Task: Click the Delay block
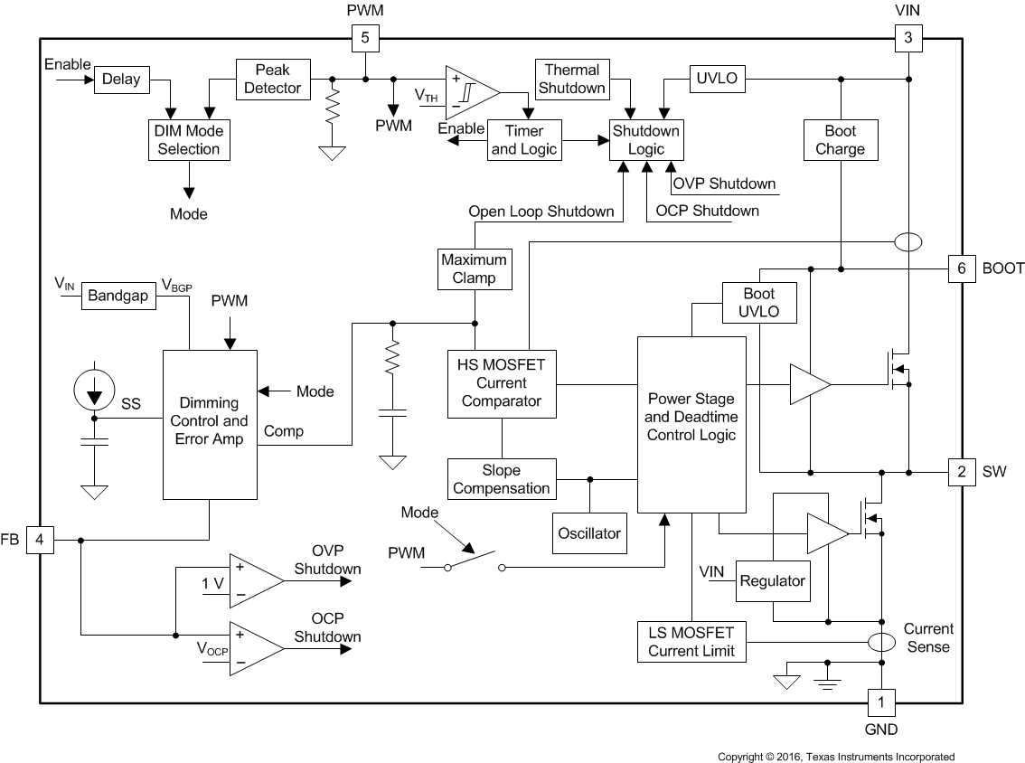120,80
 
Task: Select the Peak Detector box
272,79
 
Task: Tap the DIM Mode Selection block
188,139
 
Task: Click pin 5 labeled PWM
364,38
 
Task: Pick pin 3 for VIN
908,38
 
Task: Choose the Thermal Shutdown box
571,79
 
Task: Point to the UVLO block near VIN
717,79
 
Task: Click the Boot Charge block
841,139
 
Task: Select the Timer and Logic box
523,139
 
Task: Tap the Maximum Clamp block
475,268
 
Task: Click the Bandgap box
118,296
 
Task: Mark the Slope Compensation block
502,479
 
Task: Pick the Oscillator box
588,532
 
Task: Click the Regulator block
772,581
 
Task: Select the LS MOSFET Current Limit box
691,642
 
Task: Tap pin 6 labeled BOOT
962,268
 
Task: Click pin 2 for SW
962,471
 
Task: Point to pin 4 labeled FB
41,541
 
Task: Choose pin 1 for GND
881,702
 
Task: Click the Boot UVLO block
758,303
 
